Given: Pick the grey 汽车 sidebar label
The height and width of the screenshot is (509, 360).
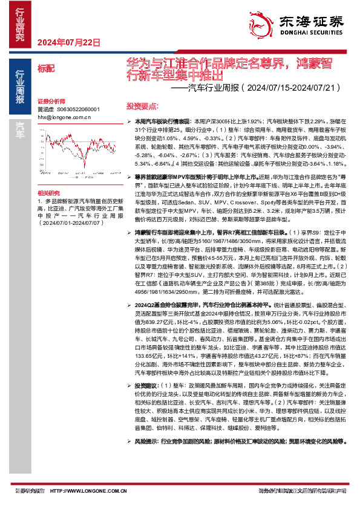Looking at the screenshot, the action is (x=20, y=126).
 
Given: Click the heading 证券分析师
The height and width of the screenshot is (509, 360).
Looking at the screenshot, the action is (x=50, y=102).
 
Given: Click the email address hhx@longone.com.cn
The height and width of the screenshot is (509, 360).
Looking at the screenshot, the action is (x=64, y=117).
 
